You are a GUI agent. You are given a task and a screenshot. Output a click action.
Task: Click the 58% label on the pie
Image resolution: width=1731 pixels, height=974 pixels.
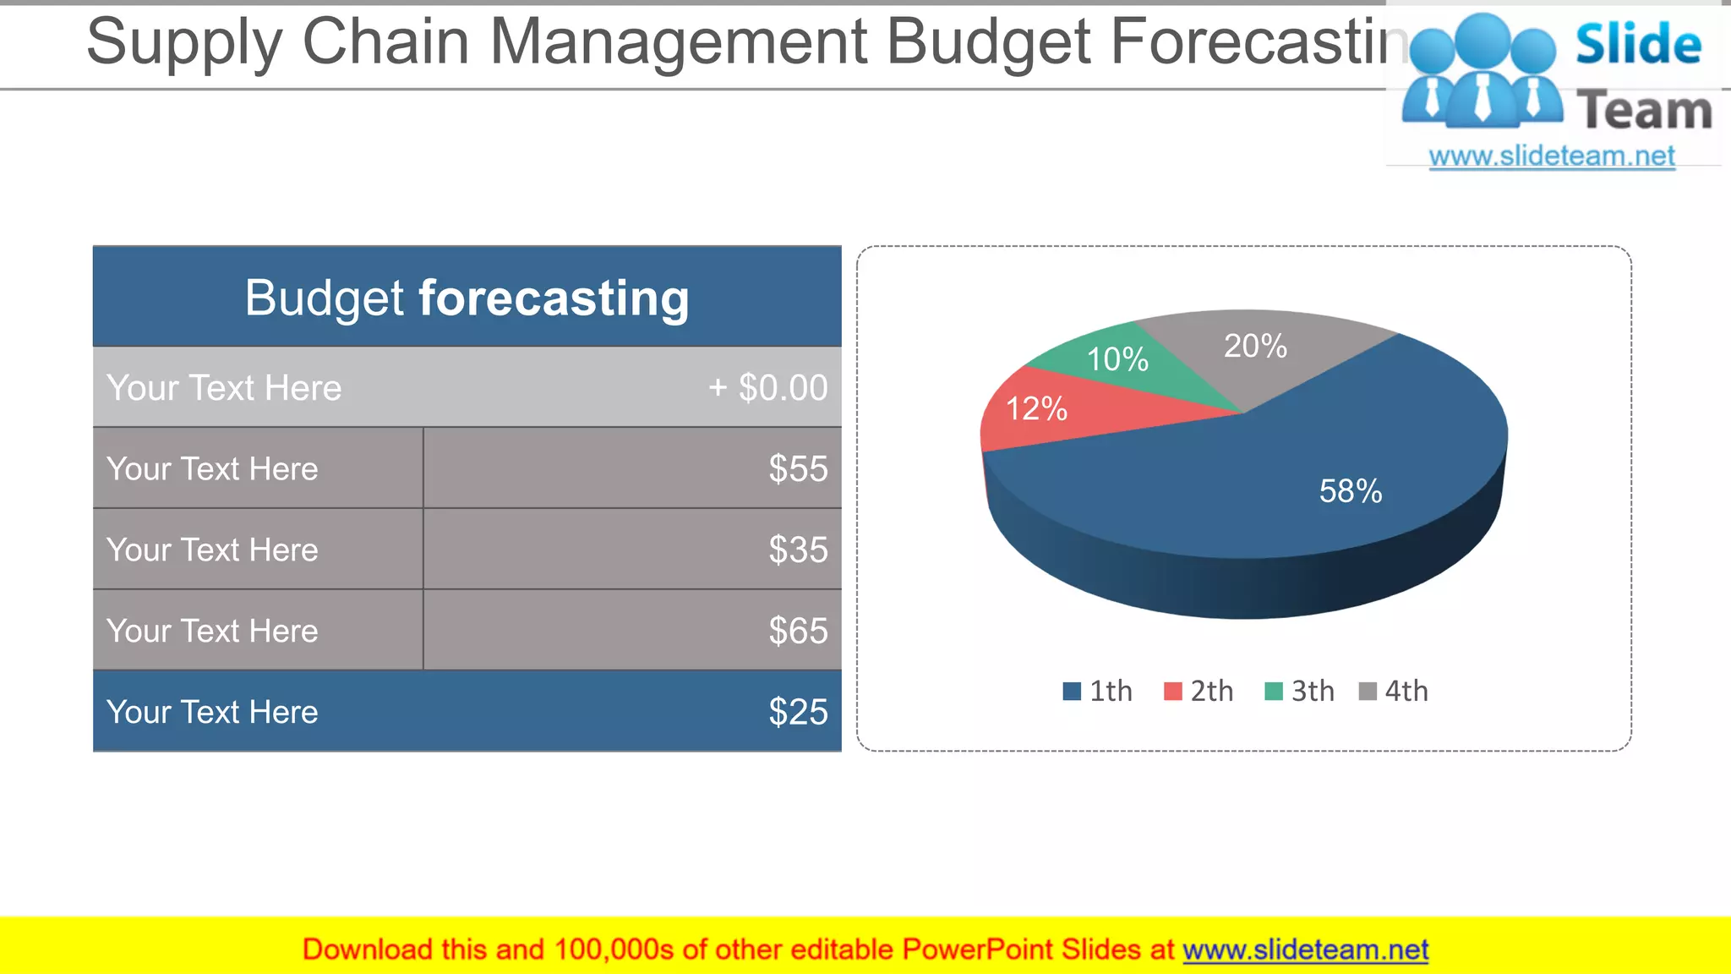click(1350, 491)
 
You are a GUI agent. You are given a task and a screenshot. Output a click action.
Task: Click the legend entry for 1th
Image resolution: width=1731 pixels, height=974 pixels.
click(1097, 692)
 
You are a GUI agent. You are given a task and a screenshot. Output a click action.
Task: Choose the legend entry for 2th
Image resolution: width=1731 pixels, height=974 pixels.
click(1199, 692)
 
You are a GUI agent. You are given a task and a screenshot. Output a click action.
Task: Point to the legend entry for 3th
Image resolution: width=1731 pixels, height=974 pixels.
click(1299, 692)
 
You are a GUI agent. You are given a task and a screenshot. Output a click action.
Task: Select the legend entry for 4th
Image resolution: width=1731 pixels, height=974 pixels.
click(1393, 692)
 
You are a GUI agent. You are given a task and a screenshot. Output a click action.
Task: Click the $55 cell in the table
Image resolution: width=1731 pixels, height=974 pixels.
click(798, 468)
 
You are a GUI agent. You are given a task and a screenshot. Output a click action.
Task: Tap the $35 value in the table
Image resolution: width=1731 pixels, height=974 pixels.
click(798, 550)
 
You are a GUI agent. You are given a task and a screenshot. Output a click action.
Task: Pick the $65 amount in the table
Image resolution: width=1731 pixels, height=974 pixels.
click(798, 631)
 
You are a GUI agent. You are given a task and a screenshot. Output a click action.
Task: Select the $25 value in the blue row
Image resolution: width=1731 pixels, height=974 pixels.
click(798, 712)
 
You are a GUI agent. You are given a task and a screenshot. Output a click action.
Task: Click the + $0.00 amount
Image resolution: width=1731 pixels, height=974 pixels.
click(767, 388)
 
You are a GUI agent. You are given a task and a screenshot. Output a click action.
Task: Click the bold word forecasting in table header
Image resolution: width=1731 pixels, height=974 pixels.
click(554, 298)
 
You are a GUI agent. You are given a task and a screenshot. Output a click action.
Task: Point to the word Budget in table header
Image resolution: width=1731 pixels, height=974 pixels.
click(325, 298)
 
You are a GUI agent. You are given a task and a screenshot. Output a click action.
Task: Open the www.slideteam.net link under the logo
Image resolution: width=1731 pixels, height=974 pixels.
click(1552, 156)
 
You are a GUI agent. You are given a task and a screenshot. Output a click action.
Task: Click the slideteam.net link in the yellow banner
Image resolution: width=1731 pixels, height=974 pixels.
click(1305, 949)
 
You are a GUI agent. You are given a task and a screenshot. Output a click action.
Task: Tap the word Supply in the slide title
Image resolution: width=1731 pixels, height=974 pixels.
click(184, 42)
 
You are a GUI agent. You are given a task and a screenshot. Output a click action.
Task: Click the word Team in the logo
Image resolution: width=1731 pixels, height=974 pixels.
click(1644, 111)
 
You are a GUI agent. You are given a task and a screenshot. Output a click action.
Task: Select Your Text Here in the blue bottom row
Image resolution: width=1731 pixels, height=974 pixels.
click(212, 712)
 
